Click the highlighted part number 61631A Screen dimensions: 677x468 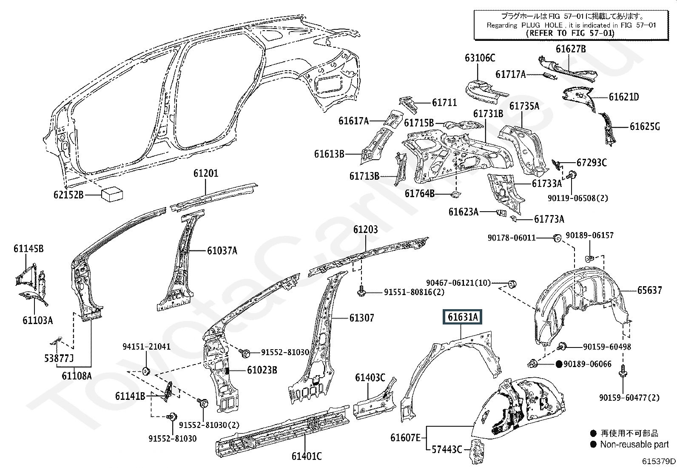pos(462,317)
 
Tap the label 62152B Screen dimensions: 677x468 pos(68,195)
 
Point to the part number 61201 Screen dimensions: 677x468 pos(205,173)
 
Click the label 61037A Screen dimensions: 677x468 pos(222,251)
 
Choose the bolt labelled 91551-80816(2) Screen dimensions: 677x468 pos(361,292)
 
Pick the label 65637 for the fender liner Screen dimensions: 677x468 pos(649,290)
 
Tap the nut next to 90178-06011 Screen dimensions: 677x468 pos(557,238)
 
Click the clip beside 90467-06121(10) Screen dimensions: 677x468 pos(512,284)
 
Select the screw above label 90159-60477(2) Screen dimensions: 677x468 pos(622,379)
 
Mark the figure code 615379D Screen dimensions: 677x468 pos(659,461)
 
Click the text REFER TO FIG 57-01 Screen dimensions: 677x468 pos(570,33)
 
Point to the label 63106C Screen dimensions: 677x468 pos(480,57)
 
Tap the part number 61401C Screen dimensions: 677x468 pos(307,456)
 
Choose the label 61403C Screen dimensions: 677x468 pos(370,377)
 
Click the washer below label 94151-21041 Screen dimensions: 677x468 pos(146,370)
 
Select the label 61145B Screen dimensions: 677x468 pos(28,249)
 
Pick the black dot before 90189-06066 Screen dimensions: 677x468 pos(559,364)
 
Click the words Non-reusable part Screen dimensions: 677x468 pos(634,445)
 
